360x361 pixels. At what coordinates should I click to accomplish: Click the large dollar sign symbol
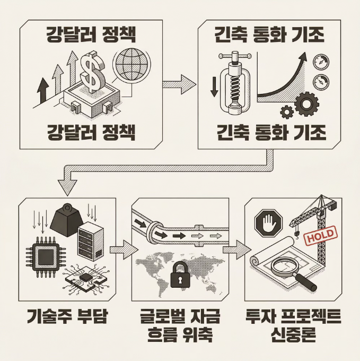[x=93, y=73]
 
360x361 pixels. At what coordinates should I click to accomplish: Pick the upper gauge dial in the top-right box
[x=320, y=62]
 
